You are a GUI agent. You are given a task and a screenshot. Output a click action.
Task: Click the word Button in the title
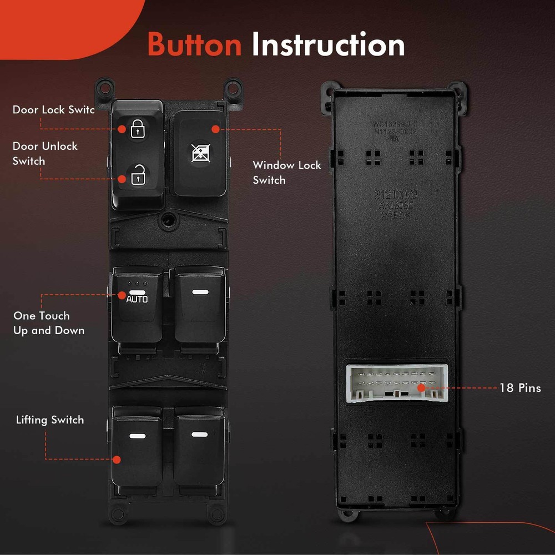194,45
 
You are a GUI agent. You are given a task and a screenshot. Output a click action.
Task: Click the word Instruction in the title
328,45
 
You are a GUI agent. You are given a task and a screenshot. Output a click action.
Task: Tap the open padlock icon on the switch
137,177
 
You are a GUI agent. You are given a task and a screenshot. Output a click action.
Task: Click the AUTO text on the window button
137,299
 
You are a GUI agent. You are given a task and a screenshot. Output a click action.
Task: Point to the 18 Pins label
519,388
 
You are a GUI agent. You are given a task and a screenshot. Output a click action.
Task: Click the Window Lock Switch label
286,173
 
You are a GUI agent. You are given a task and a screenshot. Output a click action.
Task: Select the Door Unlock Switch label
45,154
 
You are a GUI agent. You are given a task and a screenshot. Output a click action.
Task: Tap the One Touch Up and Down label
49,323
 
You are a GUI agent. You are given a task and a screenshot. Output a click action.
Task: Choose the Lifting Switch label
50,420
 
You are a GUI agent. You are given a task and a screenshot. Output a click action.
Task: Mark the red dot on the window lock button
215,129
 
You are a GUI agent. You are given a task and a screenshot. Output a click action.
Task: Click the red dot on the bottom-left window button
117,460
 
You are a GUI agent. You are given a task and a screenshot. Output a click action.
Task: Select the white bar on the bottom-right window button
199,434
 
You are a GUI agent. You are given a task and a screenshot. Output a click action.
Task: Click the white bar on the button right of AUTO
199,291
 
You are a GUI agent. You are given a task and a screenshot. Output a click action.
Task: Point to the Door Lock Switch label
53,110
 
